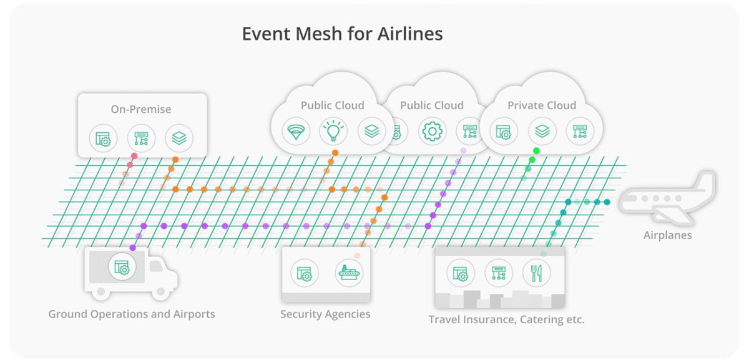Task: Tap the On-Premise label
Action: pyautogui.click(x=141, y=109)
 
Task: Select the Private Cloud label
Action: pyautogui.click(x=542, y=105)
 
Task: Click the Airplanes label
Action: pyautogui.click(x=667, y=235)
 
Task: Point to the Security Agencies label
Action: pyautogui.click(x=325, y=314)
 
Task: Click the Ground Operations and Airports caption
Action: pyautogui.click(x=132, y=314)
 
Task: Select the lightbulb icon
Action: pyautogui.click(x=333, y=131)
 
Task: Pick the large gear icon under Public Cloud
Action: pyautogui.click(x=432, y=132)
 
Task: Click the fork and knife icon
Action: pyautogui.click(x=536, y=273)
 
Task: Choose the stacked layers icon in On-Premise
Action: pyautogui.click(x=179, y=139)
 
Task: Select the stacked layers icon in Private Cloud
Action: pyautogui.click(x=542, y=132)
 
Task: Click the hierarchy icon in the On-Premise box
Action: pyautogui.click(x=141, y=139)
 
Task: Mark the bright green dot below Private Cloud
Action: pyautogui.click(x=536, y=151)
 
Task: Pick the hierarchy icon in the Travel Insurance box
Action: pyautogui.click(x=498, y=273)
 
